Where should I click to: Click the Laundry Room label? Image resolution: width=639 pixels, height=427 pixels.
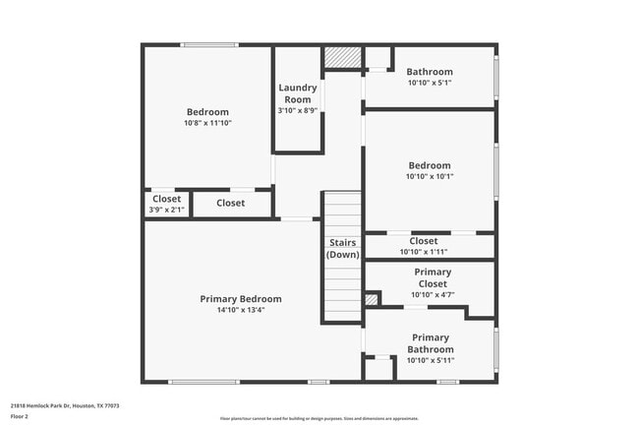297,92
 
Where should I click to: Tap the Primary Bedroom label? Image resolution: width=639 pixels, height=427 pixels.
241,299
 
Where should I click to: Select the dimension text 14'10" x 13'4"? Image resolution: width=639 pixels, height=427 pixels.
241,311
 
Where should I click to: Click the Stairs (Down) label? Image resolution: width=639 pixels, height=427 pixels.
342,248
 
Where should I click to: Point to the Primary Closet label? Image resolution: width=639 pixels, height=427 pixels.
432,277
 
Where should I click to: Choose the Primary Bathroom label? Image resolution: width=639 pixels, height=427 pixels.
431,343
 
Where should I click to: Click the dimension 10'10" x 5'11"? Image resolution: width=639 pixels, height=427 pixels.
431,361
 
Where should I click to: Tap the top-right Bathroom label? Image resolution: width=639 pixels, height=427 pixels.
430,72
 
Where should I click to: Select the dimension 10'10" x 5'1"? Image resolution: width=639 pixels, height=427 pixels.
430,84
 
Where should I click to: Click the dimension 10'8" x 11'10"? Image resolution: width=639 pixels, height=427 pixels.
207,124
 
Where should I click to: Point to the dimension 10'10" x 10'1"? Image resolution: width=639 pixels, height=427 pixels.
430,177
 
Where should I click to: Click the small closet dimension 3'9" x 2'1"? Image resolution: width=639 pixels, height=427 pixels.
166,210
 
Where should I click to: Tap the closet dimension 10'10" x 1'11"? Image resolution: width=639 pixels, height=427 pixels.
424,252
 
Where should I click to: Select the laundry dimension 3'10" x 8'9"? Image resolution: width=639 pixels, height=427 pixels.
297,111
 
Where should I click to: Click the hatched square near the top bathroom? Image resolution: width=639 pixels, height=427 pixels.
342,58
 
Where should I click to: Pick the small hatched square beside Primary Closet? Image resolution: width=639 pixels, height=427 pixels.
371,299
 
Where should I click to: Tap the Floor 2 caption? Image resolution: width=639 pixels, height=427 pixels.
20,416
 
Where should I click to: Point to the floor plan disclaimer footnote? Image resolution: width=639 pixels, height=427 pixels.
319,419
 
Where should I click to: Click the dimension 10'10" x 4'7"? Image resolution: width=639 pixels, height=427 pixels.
432,294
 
